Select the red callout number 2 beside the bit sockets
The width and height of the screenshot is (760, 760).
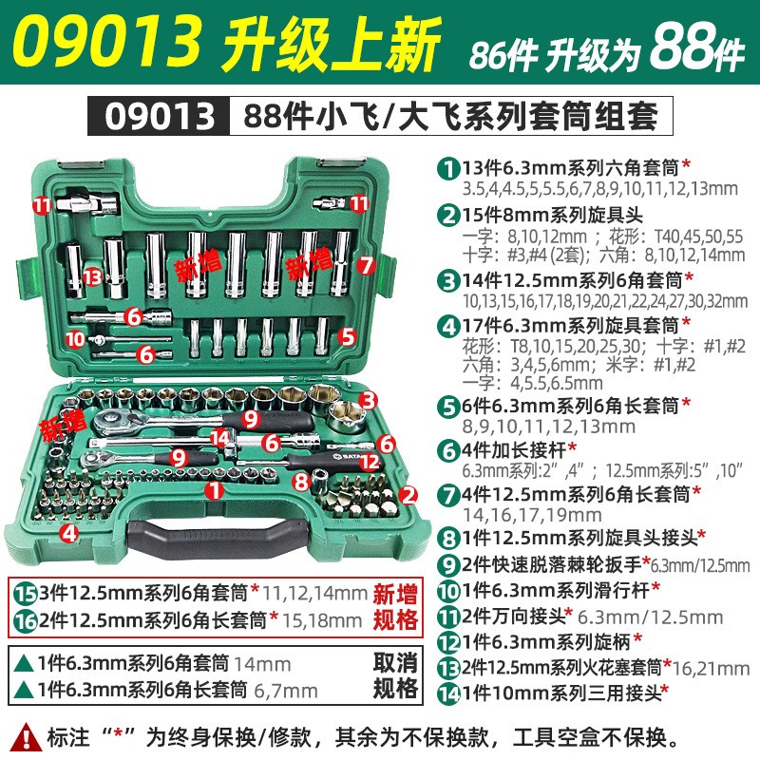(x=408, y=494)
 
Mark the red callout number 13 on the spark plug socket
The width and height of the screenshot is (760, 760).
(x=91, y=275)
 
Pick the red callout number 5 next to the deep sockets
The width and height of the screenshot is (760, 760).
(x=347, y=334)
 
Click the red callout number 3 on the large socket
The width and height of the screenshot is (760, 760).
(x=368, y=400)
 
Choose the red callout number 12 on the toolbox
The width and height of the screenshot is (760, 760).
(x=371, y=462)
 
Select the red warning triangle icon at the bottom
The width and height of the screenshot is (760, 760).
(x=27, y=733)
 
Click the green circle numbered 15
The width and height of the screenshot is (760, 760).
(x=26, y=594)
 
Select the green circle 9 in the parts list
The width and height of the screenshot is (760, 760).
(x=446, y=565)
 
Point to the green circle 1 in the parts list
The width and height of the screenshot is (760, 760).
(x=446, y=166)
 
